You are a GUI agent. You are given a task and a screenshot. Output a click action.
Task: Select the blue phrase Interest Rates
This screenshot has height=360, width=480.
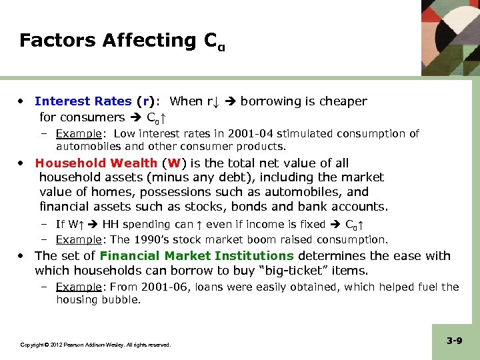(x=83, y=101)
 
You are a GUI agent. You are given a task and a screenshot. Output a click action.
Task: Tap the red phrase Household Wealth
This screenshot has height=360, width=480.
(x=97, y=163)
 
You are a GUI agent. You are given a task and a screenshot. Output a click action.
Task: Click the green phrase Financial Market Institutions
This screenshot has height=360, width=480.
(x=197, y=256)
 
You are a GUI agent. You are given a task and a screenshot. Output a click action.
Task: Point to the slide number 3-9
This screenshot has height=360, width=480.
(x=455, y=341)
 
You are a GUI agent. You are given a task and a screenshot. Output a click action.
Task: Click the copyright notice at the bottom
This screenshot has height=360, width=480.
(x=95, y=345)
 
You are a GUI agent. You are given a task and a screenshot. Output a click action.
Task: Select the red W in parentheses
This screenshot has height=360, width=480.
(x=174, y=163)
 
